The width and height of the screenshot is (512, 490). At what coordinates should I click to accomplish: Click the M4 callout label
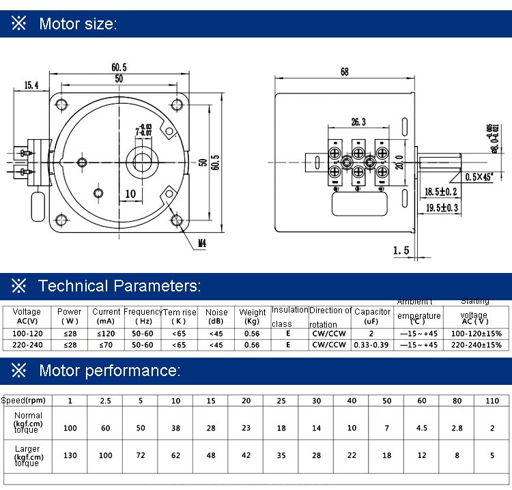tap(202, 242)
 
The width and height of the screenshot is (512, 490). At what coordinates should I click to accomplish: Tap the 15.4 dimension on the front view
tap(32, 85)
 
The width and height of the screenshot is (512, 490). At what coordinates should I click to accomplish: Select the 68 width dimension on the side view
tap(343, 71)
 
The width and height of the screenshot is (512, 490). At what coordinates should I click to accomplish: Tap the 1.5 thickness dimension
tap(401, 250)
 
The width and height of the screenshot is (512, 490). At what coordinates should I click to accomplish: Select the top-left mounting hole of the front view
tap(63, 104)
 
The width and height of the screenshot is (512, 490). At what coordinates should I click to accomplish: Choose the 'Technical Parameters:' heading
tap(119, 286)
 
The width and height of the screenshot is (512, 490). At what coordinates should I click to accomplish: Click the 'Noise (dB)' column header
tap(216, 317)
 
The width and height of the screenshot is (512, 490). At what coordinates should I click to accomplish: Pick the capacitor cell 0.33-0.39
tap(372, 345)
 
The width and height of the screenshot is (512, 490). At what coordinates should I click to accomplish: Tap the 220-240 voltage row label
tap(27, 345)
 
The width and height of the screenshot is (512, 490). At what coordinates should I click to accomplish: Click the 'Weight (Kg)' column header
tap(253, 317)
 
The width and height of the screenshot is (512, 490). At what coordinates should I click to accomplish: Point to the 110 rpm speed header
tap(493, 401)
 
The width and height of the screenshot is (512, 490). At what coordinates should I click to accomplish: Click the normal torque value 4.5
tap(422, 428)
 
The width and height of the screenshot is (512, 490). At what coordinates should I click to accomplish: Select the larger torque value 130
tap(70, 455)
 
